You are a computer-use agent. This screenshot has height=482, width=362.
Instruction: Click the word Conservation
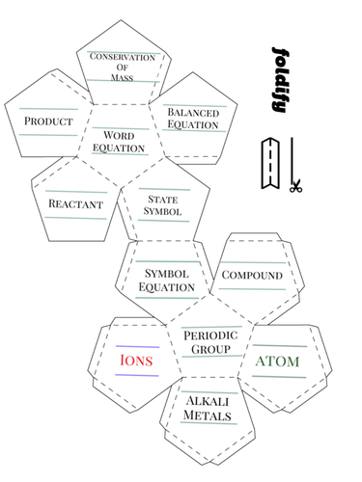click(122, 58)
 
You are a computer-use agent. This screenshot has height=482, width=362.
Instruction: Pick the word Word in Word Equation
click(119, 136)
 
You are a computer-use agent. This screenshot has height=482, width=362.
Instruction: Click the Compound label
click(252, 276)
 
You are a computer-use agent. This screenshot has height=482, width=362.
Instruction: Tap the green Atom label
click(277, 361)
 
